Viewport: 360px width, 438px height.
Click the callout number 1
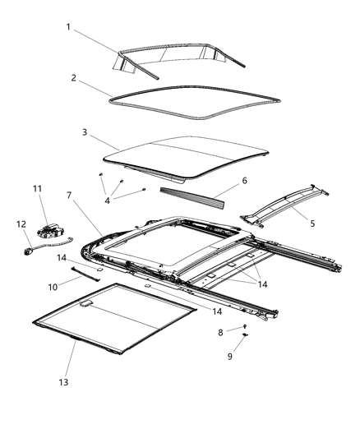(x=68, y=26)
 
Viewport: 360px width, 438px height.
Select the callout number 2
(x=73, y=78)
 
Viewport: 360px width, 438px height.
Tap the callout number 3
(x=84, y=131)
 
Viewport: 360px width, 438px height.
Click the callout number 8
(x=219, y=331)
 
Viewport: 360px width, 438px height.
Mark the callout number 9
(x=230, y=357)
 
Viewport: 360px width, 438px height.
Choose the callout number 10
(x=52, y=288)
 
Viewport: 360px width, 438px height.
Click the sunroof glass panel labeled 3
(x=189, y=156)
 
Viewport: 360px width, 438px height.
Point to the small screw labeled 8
(x=246, y=327)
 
